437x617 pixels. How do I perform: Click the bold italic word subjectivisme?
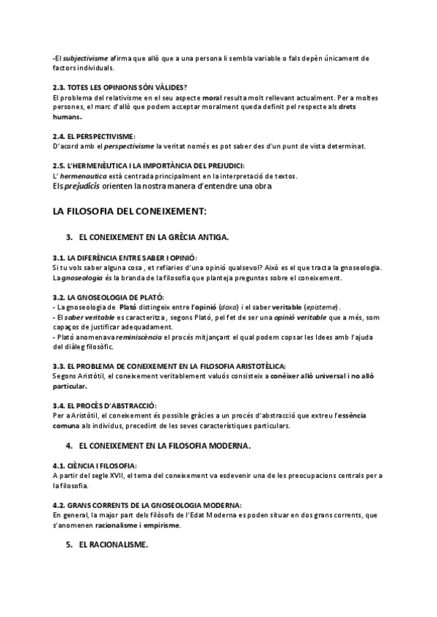[83, 57]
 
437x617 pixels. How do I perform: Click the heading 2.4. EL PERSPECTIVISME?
[94, 136]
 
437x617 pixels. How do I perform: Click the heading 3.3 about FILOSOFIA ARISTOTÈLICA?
[169, 365]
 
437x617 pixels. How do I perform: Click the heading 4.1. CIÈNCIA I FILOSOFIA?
[95, 464]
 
